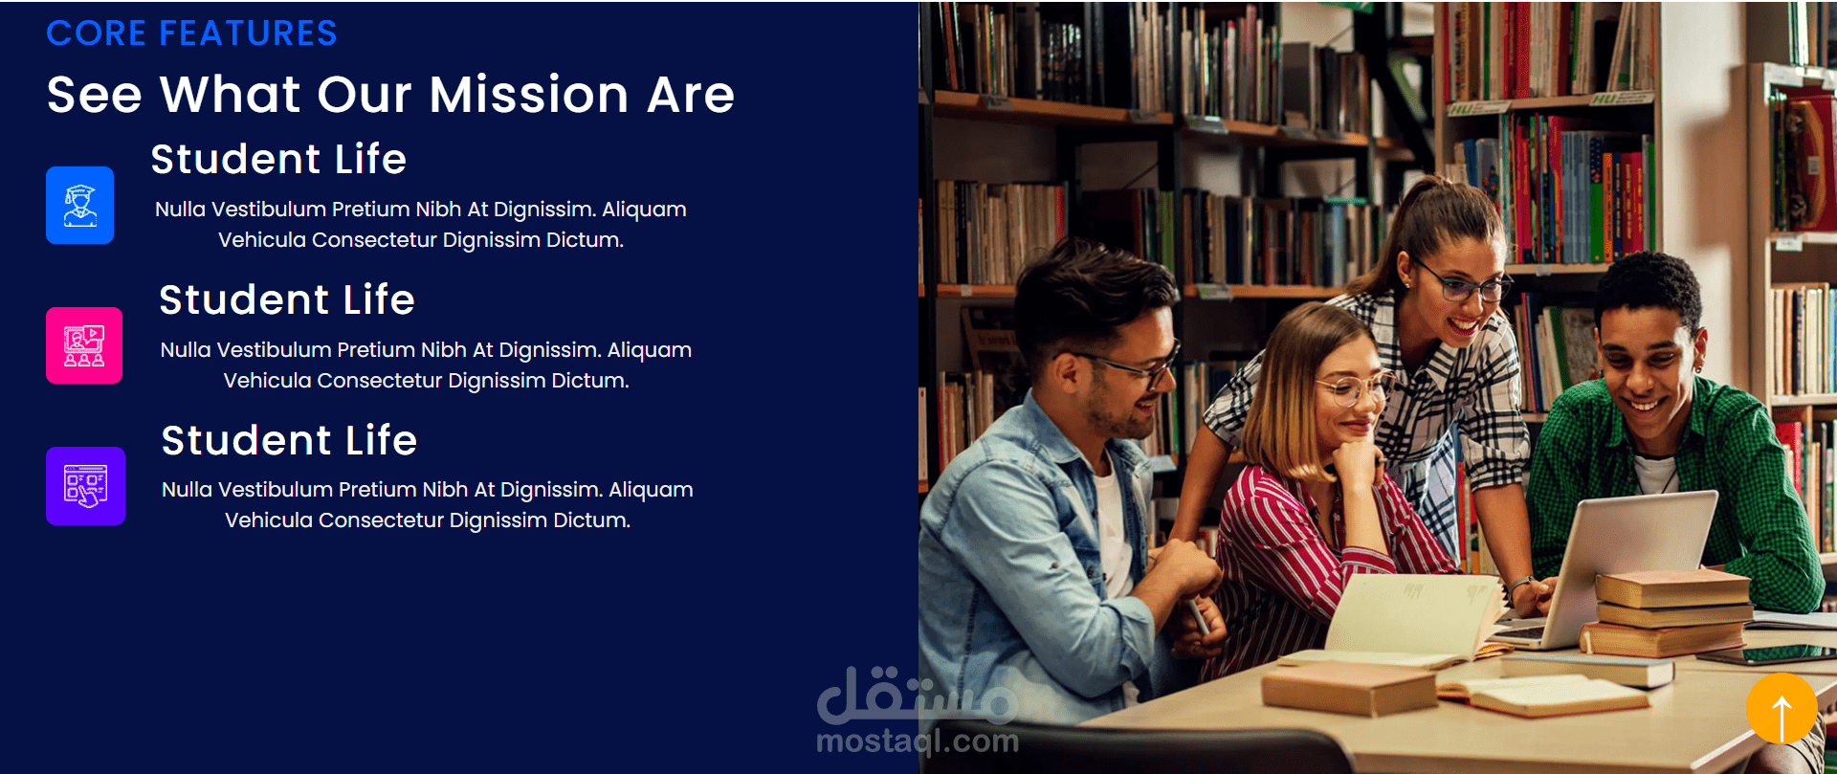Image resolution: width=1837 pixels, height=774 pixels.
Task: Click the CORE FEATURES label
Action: [x=191, y=33]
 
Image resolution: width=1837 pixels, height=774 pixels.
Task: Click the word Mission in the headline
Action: [x=529, y=95]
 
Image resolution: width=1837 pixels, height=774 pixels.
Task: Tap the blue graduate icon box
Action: [x=80, y=205]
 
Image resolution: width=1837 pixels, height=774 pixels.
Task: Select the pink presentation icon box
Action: [x=84, y=345]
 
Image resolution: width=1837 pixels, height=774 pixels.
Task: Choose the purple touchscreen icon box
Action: [x=85, y=486]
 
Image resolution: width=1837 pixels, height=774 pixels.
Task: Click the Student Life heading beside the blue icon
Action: [x=278, y=159]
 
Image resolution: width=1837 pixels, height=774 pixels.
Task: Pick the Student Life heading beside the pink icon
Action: [x=287, y=299]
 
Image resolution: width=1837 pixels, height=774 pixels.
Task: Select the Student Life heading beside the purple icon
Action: [x=289, y=440]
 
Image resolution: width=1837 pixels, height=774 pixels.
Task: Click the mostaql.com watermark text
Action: [x=918, y=741]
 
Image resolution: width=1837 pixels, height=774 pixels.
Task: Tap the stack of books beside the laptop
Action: [x=1670, y=612]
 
